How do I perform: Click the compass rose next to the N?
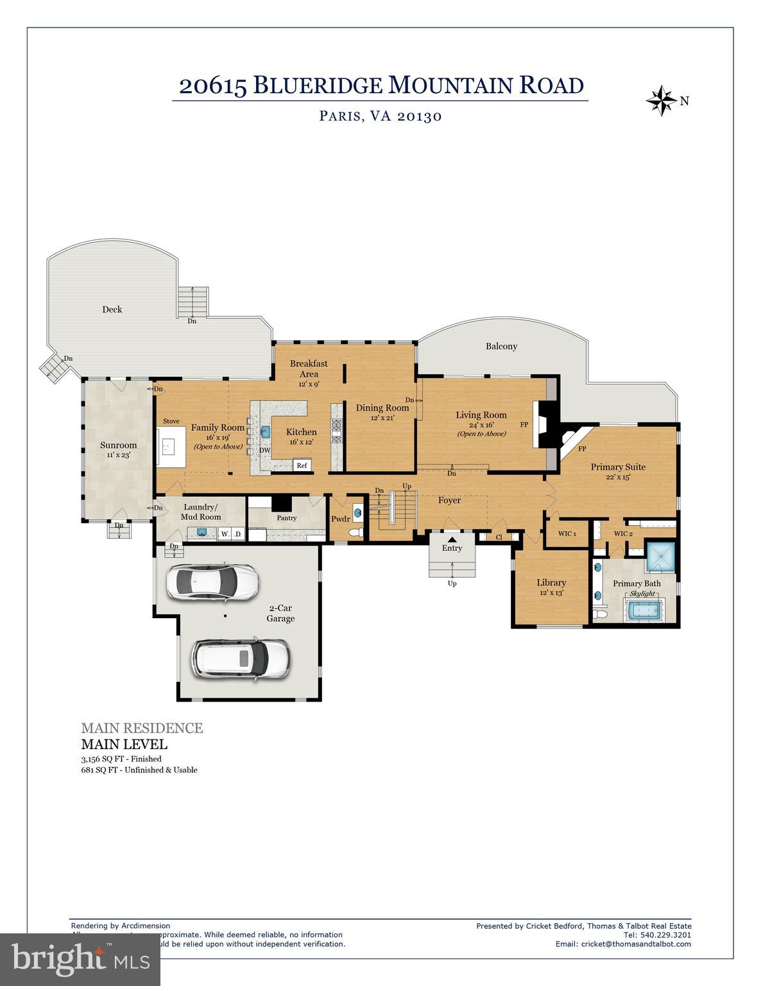coord(660,101)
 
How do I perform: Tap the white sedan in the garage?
coord(213,582)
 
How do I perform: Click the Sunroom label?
coord(118,445)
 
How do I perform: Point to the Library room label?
coord(551,582)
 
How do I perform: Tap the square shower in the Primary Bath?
coord(660,556)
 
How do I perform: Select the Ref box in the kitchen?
coord(302,465)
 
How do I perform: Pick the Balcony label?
coord(501,346)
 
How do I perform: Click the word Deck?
coord(112,309)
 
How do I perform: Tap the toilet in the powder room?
coord(355,532)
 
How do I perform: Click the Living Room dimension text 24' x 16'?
coord(481,424)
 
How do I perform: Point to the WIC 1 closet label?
coord(567,533)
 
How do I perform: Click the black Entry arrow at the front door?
coord(452,539)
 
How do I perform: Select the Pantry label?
coord(286,518)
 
